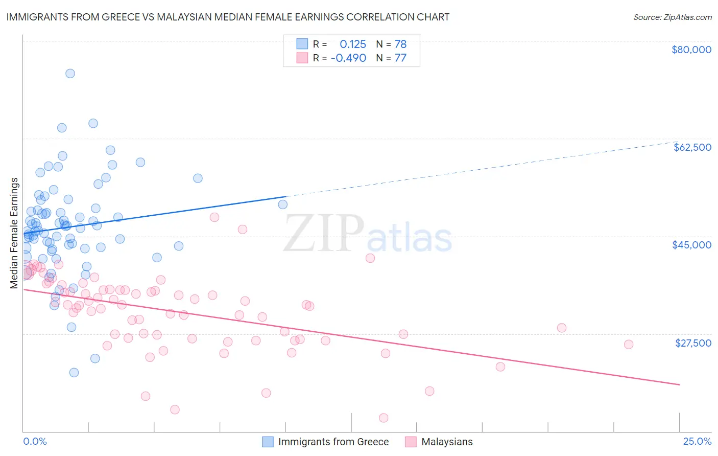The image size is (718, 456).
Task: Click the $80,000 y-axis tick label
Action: tap(691, 50)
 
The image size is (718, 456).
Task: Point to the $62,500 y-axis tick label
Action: tap(692, 147)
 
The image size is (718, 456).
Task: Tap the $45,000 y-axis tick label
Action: tap(692, 245)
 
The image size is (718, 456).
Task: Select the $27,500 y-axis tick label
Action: tap(693, 343)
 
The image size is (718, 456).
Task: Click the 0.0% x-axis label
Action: tap(35, 441)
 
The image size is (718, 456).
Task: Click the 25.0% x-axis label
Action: tap(697, 441)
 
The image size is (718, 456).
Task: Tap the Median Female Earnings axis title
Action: tap(14, 233)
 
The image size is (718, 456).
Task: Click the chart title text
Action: tap(228, 17)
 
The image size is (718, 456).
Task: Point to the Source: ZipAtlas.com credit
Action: tap(672, 17)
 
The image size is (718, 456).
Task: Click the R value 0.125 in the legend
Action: tap(353, 44)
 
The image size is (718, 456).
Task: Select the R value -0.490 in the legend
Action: tap(348, 58)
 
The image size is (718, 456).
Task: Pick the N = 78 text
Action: tap(391, 44)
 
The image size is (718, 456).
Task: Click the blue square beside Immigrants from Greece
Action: tap(268, 442)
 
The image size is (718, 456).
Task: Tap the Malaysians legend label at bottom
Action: tap(447, 442)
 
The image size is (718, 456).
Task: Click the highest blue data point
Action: tap(70, 74)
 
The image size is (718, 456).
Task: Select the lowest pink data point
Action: tap(384, 418)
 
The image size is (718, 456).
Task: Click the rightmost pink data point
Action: tap(629, 345)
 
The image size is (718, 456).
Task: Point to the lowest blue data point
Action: tap(74, 373)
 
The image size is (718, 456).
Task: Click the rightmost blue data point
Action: tap(282, 204)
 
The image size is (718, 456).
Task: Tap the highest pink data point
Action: tap(214, 217)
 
